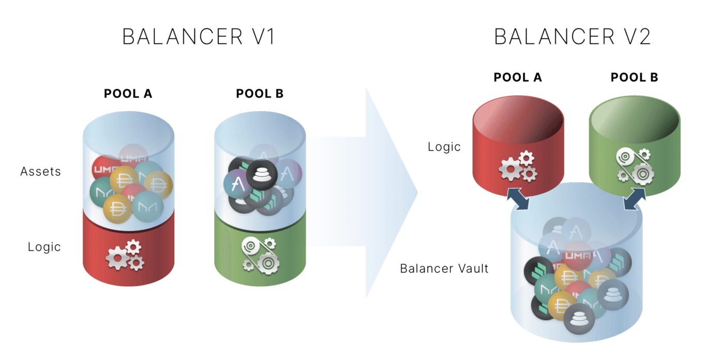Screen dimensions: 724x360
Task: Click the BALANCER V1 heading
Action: point(199,37)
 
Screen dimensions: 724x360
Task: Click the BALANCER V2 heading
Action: point(572,37)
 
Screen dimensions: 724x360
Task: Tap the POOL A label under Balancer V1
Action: point(128,94)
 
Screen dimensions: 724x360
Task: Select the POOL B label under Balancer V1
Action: point(260,94)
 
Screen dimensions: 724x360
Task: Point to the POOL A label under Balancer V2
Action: point(518,78)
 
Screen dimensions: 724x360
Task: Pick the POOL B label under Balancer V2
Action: point(635,78)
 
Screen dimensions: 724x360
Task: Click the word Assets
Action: point(40,172)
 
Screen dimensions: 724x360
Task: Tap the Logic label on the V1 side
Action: point(44,247)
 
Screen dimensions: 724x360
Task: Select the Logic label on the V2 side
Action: point(444,147)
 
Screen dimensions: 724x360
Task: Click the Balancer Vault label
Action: point(444,268)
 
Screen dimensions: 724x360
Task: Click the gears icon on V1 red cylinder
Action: point(125,256)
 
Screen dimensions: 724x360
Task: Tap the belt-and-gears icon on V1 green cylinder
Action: point(261,256)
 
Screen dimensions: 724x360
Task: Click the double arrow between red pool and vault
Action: point(518,199)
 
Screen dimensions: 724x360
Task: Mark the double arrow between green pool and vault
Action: point(635,199)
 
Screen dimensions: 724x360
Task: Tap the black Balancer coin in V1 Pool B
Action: point(262,175)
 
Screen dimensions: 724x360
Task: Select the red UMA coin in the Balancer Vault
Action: point(578,256)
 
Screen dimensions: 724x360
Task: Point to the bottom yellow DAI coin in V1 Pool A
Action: point(117,209)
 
